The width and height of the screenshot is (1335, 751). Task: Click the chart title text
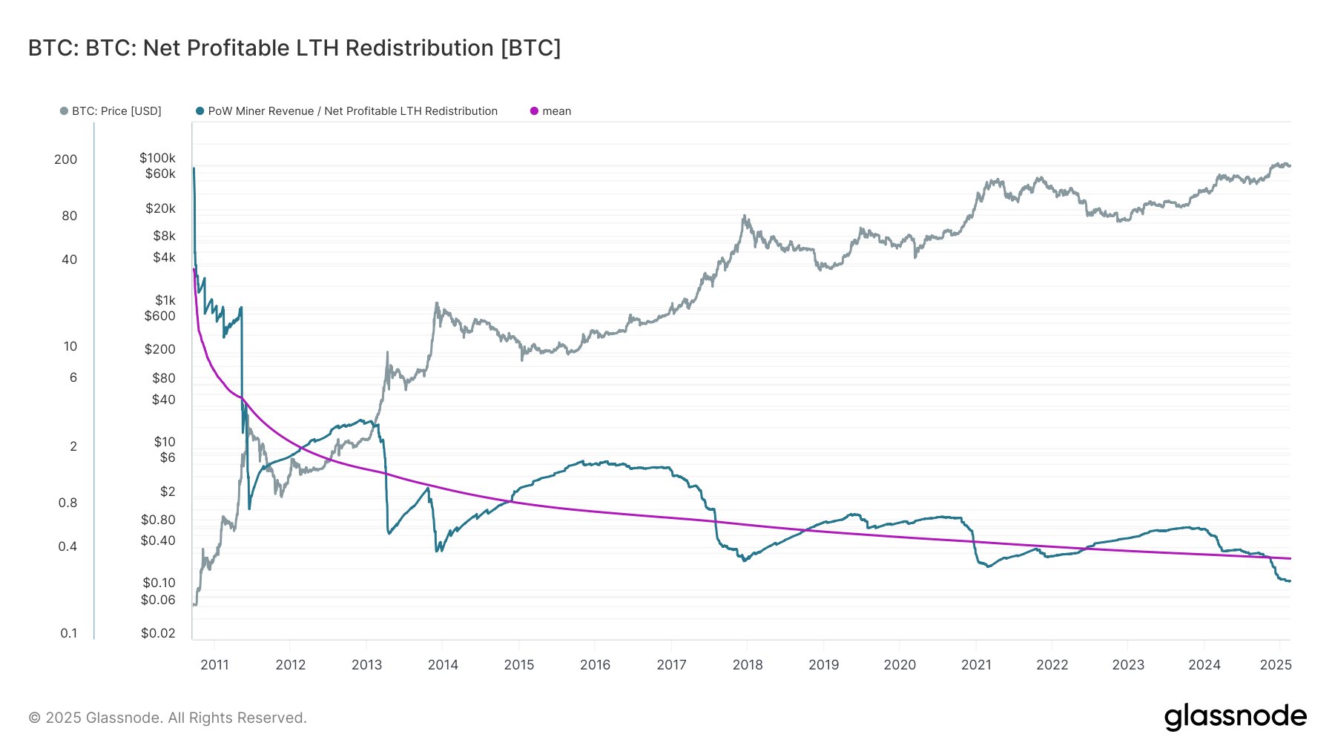click(x=294, y=48)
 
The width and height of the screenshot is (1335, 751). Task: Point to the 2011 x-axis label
click(x=214, y=665)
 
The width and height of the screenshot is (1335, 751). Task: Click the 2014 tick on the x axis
click(x=443, y=665)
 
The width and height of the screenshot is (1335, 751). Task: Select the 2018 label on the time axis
click(x=748, y=665)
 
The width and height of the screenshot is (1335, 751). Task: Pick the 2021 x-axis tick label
click(x=976, y=665)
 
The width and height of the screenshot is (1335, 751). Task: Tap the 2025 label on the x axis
click(x=1276, y=665)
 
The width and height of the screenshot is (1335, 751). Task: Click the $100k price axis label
click(x=157, y=158)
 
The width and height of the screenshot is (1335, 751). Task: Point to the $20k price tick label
click(x=160, y=208)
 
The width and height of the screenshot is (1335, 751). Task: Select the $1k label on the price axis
click(x=165, y=300)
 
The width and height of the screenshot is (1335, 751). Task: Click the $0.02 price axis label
click(x=158, y=633)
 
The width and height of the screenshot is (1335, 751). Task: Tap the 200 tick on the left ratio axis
click(x=65, y=159)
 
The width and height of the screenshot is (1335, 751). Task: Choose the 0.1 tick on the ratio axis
click(x=68, y=633)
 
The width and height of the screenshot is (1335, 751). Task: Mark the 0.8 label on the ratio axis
click(x=67, y=503)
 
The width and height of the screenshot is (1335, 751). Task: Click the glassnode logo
click(x=1235, y=717)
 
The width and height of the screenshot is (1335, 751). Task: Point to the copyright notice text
click(x=168, y=718)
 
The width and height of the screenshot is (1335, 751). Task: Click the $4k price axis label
click(x=164, y=258)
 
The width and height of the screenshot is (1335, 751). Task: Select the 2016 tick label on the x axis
click(x=595, y=665)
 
